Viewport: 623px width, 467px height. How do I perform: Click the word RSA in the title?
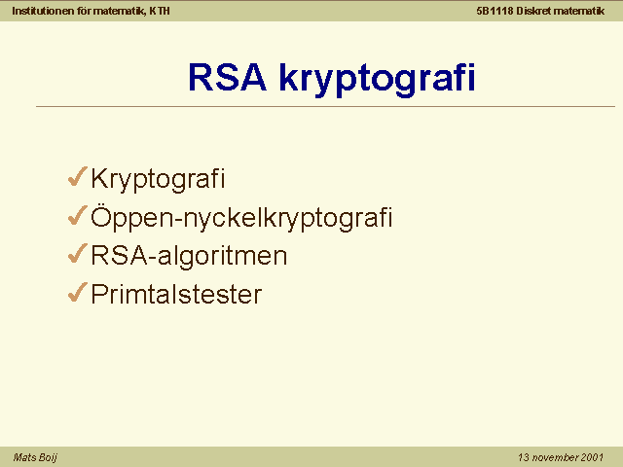[227, 77]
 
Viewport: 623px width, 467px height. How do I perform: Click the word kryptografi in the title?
[377, 80]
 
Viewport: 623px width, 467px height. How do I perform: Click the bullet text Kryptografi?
[158, 179]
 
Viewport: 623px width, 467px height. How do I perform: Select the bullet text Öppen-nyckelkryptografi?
[241, 218]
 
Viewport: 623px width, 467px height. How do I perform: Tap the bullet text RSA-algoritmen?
[189, 256]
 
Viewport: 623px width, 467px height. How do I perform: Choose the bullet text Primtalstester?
[176, 294]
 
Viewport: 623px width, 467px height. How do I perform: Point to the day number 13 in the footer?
[524, 457]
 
